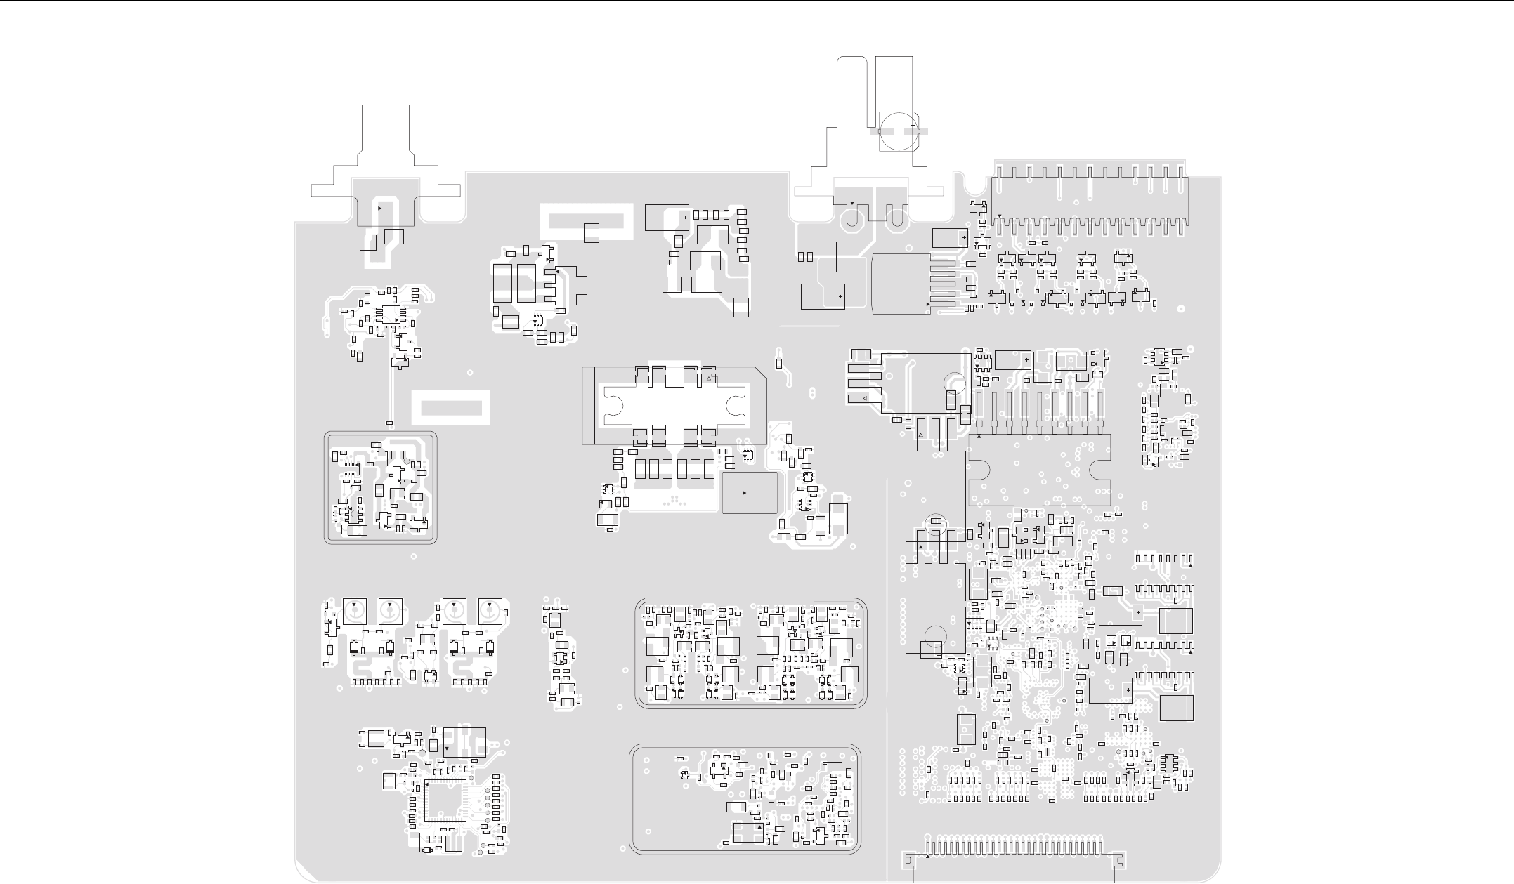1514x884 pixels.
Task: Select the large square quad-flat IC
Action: (445, 801)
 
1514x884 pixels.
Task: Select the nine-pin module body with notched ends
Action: (1039, 469)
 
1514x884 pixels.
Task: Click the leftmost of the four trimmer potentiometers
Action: (355, 611)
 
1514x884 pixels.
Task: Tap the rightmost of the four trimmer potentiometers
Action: (489, 611)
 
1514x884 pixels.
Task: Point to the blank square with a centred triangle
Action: (749, 493)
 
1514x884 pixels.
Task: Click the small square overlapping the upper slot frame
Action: (592, 232)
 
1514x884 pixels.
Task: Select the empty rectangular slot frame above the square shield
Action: (450, 408)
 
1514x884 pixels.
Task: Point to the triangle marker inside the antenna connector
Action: (380, 209)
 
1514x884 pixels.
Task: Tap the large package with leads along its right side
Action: (901, 284)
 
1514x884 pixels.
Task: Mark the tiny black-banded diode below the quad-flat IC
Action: (426, 851)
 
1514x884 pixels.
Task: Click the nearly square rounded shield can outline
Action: (380, 487)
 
